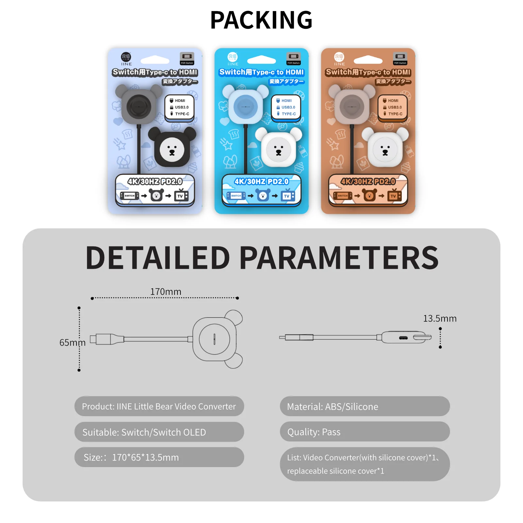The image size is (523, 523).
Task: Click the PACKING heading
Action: (x=261, y=20)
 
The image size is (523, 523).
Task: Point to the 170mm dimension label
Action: (x=166, y=292)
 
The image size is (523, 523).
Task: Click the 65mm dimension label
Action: (x=72, y=343)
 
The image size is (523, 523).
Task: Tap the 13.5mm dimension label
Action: (x=440, y=318)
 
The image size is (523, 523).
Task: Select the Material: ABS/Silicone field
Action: (x=364, y=406)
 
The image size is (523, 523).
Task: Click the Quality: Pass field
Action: (x=364, y=432)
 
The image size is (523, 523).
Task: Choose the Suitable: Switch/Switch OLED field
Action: (x=159, y=432)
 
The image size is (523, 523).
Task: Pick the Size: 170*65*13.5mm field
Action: (x=159, y=457)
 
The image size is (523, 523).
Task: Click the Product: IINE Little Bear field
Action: (x=159, y=406)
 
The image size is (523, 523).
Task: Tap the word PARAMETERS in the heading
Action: (x=339, y=258)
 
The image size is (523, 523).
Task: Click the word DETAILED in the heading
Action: (x=158, y=258)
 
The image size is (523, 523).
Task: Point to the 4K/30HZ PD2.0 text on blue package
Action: (x=261, y=181)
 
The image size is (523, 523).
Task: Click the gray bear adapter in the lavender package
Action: (x=139, y=106)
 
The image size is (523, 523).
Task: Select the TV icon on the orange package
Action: (x=394, y=196)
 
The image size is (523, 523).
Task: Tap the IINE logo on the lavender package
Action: (x=126, y=59)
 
